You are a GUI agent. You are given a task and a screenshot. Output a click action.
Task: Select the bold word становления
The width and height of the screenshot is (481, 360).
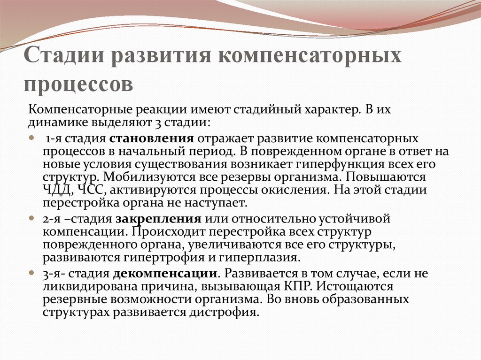click(152, 139)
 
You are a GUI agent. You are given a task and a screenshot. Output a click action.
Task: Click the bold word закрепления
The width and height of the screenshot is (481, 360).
click(161, 219)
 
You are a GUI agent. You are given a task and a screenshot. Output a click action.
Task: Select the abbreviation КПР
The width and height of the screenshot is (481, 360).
click(267, 286)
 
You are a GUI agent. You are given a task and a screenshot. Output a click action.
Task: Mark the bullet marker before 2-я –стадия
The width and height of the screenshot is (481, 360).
click(32, 219)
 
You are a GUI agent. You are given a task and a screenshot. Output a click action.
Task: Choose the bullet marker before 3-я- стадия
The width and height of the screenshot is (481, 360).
click(32, 273)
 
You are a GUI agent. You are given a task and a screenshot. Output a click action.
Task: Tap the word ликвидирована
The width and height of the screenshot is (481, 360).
click(83, 286)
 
